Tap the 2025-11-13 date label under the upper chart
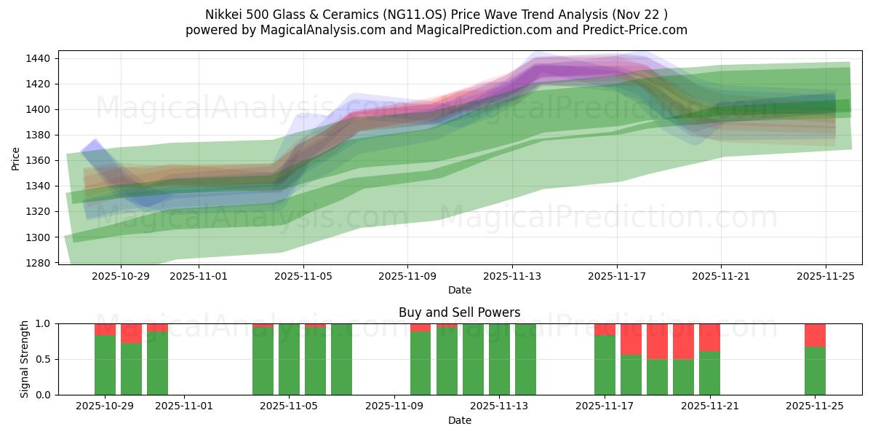click(512, 276)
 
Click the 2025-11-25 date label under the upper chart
click(826, 276)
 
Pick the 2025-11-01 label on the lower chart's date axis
click(184, 406)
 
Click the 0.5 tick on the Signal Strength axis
click(44, 359)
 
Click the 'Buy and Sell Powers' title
click(459, 312)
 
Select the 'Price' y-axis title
click(16, 157)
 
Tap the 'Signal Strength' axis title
click(24, 359)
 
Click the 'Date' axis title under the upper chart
click(459, 290)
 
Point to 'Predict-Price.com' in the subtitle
click(631, 30)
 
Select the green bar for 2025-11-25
click(815, 371)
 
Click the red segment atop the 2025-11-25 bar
click(815, 335)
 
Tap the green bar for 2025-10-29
click(105, 365)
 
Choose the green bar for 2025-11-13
click(499, 359)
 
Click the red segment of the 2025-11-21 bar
click(709, 337)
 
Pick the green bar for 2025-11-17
click(605, 365)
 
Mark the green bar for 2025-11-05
click(289, 359)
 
